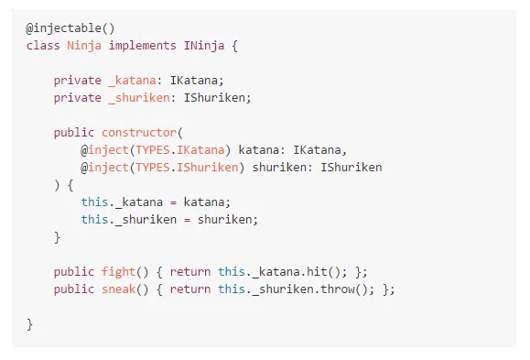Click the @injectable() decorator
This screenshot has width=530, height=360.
pos(70,28)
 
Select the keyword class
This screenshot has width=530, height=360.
pos(43,45)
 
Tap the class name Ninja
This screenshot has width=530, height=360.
pos(84,46)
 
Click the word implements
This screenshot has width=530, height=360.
pos(142,46)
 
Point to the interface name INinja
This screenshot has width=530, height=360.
pos(204,46)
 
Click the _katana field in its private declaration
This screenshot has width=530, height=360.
pos(132,81)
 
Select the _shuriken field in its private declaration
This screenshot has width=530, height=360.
pos(139,98)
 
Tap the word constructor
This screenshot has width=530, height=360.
pos(139,133)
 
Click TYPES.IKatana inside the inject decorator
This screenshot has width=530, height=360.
pos(179,150)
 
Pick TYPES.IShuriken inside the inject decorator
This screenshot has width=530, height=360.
pos(187,168)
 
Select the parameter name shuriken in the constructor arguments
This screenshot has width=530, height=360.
pos(279,168)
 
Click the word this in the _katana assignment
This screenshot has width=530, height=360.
pos(94,202)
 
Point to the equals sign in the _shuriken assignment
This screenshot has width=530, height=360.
pos(187,220)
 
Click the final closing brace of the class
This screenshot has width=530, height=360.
pos(29,324)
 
